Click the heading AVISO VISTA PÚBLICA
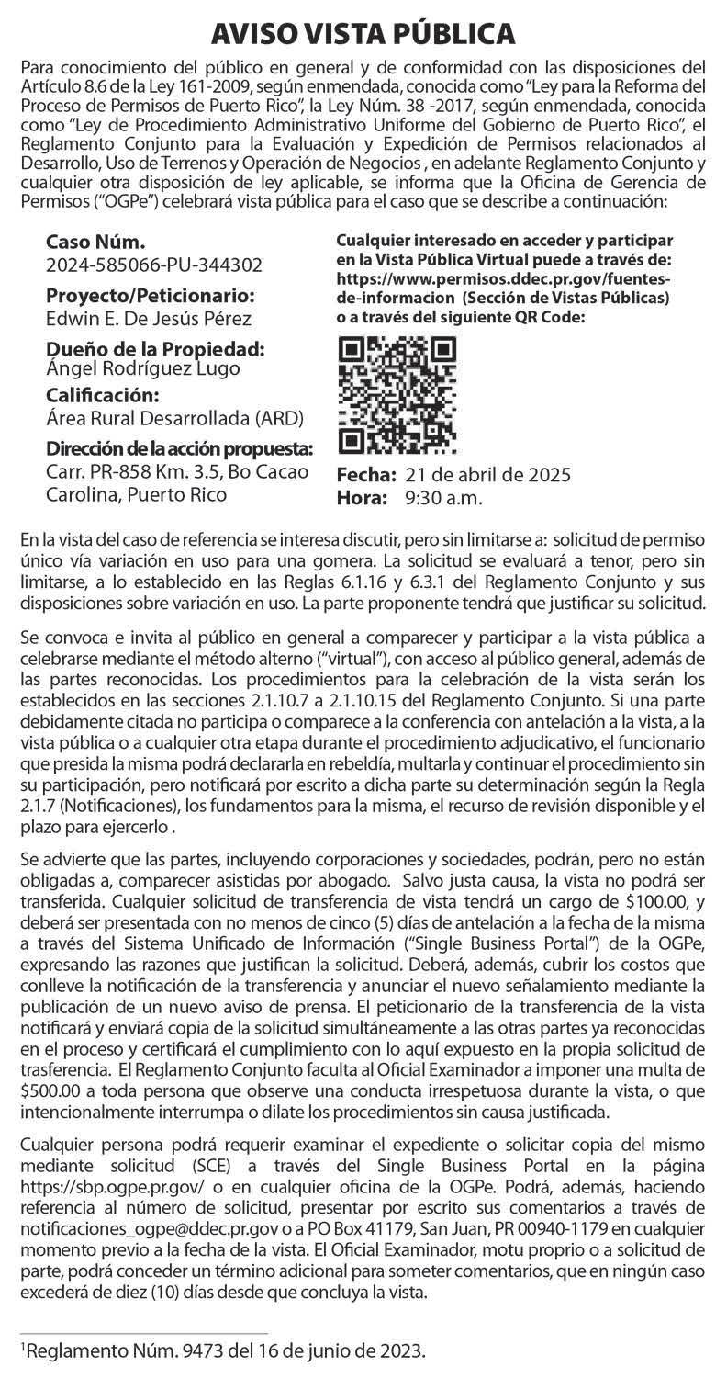click(363, 34)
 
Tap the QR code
click(397, 396)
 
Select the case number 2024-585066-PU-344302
click(153, 265)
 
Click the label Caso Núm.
click(95, 243)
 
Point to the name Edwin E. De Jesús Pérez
click(148, 319)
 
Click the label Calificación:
click(102, 396)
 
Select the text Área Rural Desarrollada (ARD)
click(174, 418)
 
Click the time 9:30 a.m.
click(443, 498)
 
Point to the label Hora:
click(361, 498)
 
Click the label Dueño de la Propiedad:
click(155, 350)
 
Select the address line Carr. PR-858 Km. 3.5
click(128, 472)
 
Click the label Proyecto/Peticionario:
click(150, 297)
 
